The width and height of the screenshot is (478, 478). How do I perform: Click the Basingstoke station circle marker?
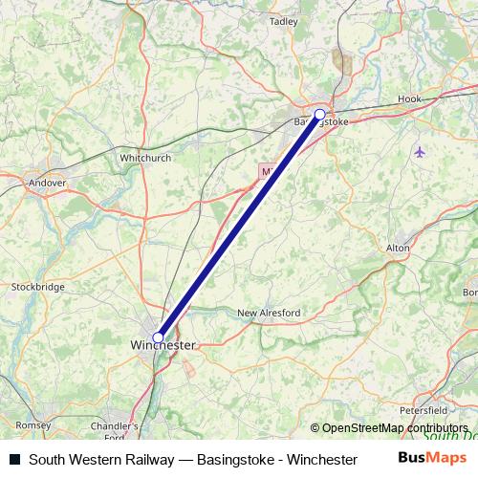tap(319, 114)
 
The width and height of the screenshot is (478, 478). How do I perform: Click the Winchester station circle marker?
tap(158, 337)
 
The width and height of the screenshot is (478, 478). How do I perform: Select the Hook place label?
tap(409, 98)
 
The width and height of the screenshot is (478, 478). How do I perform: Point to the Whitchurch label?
tap(144, 157)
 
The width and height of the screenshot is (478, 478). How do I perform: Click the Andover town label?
tap(47, 182)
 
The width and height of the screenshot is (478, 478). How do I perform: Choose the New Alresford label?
tap(269, 313)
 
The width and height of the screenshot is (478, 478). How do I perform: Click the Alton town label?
tap(398, 248)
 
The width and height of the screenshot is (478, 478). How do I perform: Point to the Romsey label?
tap(33, 424)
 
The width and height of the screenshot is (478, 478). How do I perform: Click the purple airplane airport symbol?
tap(420, 151)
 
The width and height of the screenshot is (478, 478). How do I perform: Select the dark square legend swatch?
tap(14, 460)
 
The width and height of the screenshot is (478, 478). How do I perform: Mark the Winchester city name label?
tap(163, 344)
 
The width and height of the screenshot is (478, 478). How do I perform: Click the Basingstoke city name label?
tap(321, 121)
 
